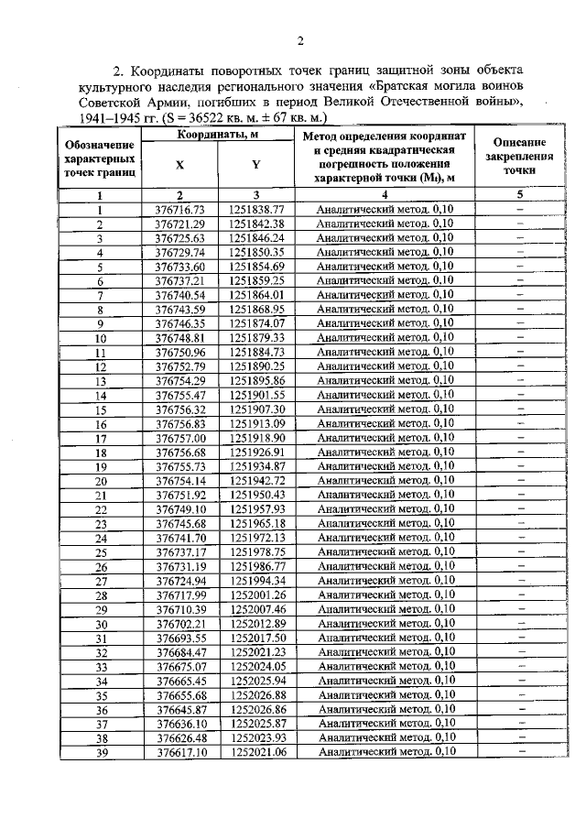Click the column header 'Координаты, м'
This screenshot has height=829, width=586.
point(216,135)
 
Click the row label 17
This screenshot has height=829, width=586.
point(101,438)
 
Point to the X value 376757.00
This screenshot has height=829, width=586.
point(179,438)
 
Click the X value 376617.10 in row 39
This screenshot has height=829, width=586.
point(179,752)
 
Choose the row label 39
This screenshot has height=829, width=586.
point(101,752)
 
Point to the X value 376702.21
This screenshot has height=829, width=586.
point(179,623)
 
